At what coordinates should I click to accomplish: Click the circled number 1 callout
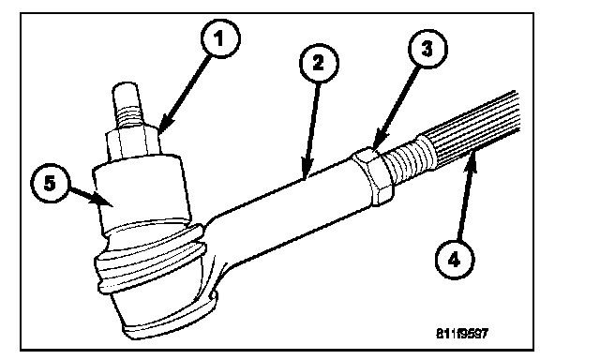tap(220, 38)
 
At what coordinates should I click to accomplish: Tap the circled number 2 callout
tap(319, 63)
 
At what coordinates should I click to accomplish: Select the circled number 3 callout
tap(427, 49)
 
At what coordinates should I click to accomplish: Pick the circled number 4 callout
tap(455, 260)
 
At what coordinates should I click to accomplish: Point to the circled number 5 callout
tap(50, 183)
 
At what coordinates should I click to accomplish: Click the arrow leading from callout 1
tap(185, 95)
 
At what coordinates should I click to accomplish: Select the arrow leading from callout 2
tap(311, 130)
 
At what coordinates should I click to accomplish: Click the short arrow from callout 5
tap(92, 196)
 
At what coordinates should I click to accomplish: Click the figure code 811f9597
tap(462, 334)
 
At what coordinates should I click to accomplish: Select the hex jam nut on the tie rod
tap(372, 175)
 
